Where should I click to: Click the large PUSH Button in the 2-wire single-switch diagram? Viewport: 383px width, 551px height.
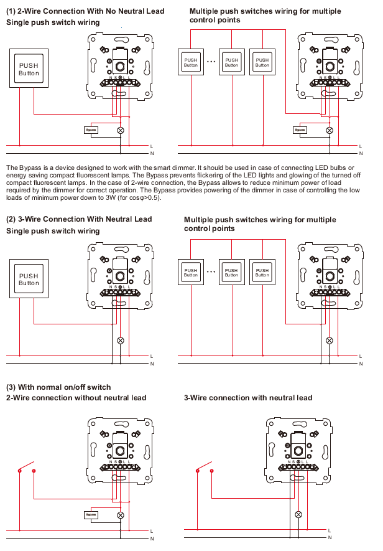click(x=29, y=69)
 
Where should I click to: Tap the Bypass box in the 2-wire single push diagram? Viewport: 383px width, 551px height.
click(x=91, y=130)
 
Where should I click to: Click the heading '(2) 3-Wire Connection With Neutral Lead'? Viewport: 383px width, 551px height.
click(x=79, y=219)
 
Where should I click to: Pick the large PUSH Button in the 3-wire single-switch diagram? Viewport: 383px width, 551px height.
click(x=29, y=280)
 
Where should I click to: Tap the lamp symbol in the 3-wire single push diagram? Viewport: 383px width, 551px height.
click(x=121, y=341)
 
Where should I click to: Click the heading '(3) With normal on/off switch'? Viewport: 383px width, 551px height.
click(x=58, y=387)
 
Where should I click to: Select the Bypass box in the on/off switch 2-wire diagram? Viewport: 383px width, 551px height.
click(x=91, y=515)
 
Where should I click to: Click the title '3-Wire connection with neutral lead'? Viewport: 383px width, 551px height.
click(x=248, y=398)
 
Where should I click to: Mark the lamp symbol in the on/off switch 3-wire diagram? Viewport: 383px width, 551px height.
click(x=298, y=515)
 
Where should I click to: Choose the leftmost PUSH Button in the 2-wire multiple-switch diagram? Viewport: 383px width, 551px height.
click(x=191, y=62)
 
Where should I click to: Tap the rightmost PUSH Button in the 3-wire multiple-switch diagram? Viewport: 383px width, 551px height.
click(x=262, y=273)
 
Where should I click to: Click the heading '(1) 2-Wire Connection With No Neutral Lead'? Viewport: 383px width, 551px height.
click(x=85, y=11)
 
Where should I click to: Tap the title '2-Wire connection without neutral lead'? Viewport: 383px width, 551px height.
click(x=76, y=398)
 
